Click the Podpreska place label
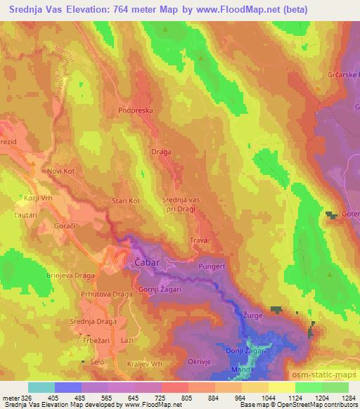pos(136,110)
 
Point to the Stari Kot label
pos(127,202)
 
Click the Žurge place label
pos(252,316)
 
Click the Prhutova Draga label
pos(106,294)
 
